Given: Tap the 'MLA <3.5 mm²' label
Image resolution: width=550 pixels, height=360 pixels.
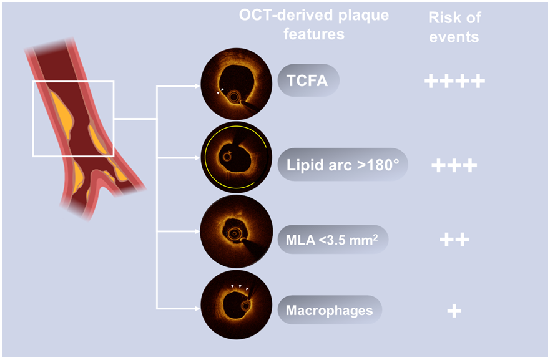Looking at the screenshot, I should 331,240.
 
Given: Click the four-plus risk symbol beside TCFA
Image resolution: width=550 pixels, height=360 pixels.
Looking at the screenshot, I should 454,81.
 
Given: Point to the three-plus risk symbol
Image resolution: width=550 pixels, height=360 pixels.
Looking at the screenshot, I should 454,165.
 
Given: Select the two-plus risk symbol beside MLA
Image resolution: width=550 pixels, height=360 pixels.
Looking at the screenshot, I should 454,240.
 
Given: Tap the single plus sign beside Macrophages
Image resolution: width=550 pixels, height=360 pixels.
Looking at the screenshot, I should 454,310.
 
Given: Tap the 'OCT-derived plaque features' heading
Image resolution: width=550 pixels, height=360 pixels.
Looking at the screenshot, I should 314,25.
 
